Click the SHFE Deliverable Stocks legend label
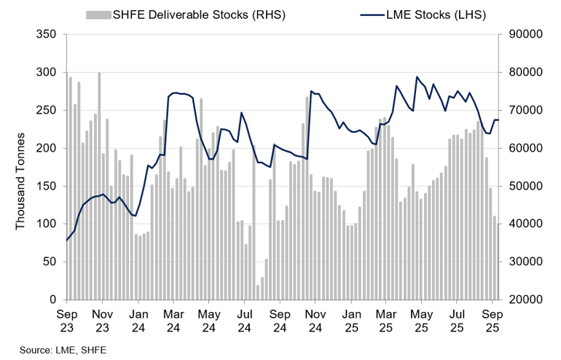click(199, 15)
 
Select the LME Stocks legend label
click(436, 15)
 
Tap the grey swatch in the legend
click(98, 15)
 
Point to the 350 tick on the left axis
click(47, 34)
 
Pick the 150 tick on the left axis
click(47, 186)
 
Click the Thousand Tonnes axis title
click(20, 181)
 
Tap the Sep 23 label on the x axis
click(67, 321)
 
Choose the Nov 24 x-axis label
click(315, 321)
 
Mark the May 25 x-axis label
click(421, 321)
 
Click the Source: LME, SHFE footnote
click(63, 350)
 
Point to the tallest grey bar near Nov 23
click(99, 186)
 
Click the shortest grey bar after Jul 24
click(258, 292)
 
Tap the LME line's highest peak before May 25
click(417, 77)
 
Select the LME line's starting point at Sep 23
click(67, 240)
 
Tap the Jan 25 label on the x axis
click(351, 321)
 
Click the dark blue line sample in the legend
click(372, 15)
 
